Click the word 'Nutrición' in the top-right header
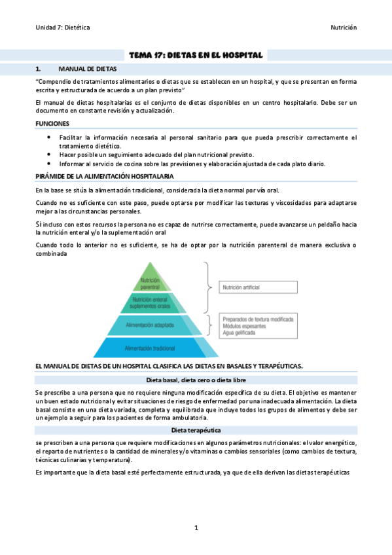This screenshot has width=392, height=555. tap(343, 27)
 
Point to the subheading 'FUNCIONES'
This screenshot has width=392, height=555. tap(52, 123)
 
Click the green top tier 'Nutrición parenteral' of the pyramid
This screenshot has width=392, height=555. tap(150, 283)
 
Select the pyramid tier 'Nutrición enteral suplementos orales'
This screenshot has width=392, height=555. tap(151, 303)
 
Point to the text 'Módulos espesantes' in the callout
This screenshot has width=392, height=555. tap(244, 325)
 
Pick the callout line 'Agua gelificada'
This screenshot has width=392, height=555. tap(240, 332)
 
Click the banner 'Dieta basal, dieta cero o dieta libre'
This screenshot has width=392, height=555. tap(196, 380)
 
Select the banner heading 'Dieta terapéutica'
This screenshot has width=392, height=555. tap(196, 430)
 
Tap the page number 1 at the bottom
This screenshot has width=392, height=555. tap(196, 528)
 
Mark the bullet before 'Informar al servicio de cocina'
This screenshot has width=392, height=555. tap(50, 164)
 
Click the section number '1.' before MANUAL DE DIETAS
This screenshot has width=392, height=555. tap(39, 68)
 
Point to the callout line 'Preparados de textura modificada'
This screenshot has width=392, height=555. tap(257, 319)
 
